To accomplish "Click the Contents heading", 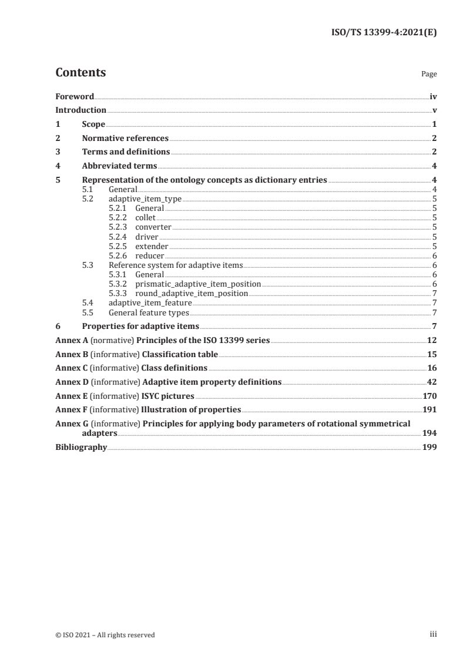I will coord(81,73).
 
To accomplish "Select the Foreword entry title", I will coord(75,96).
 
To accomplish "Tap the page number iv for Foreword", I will coord(433,96).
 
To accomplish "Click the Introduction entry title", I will coord(81,110).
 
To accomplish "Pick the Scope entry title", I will coord(93,125).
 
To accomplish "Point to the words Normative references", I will coord(125,139).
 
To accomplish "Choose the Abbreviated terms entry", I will coord(119,166).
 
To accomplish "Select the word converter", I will coord(153,227).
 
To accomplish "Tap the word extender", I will coord(152,246).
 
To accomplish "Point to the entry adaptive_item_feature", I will coord(150,302).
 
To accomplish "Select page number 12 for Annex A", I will coord(432,341).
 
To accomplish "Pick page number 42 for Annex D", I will coord(432,382).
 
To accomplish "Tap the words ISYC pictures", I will coord(167,396).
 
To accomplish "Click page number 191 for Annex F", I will coord(430,410).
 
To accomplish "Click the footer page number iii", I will coord(434,634).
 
